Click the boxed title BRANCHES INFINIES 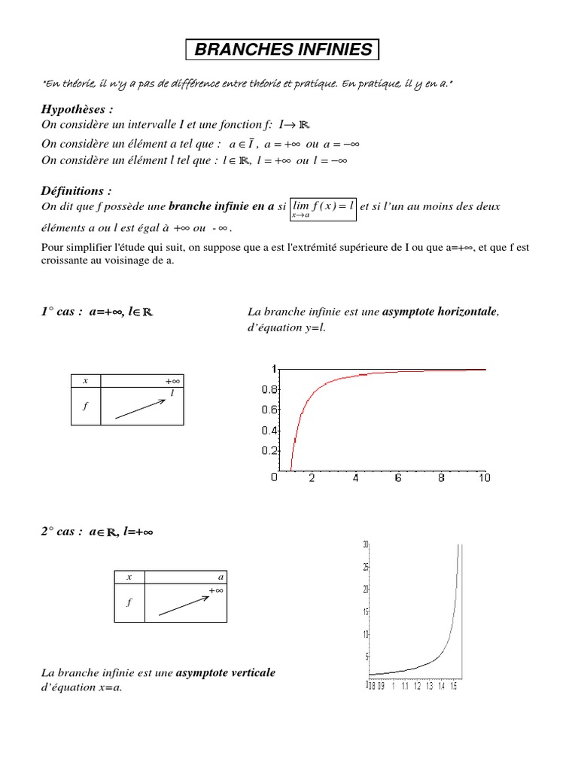click(283, 50)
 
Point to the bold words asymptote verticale click(225, 672)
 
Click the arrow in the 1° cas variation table click(140, 408)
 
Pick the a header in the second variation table click(221, 577)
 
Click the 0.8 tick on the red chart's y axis click(269, 389)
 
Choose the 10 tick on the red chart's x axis click(484, 478)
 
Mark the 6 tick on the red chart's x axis click(398, 478)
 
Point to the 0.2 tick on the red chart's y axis click(269, 451)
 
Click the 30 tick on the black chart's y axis click(365, 544)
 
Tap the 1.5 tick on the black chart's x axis click(453, 686)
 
